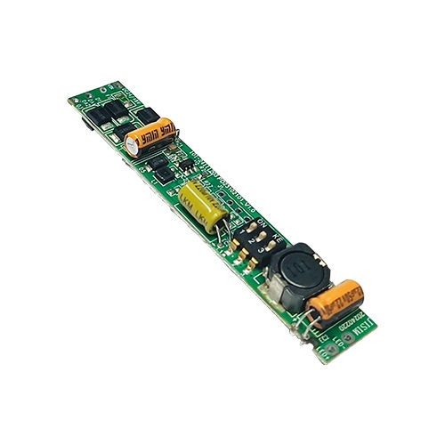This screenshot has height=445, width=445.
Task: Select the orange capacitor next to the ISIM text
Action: pyautogui.click(x=337, y=301)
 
